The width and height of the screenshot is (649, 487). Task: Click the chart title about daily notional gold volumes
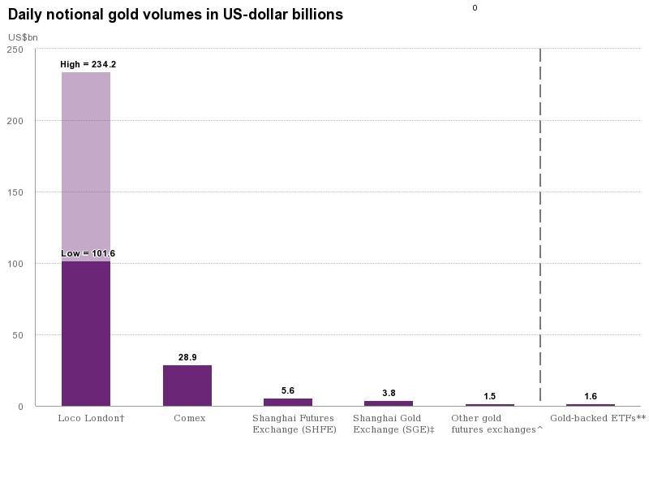(175, 15)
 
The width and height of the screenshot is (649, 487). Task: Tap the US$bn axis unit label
(23, 37)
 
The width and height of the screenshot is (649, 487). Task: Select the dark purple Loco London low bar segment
(86, 333)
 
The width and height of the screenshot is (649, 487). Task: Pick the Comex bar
(187, 386)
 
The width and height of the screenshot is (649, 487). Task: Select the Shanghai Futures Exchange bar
(288, 402)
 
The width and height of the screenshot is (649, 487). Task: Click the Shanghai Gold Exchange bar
(389, 403)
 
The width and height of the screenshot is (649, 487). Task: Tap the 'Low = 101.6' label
(88, 253)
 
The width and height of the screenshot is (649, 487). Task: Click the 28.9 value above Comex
(187, 357)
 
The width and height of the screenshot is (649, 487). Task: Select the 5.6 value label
(288, 390)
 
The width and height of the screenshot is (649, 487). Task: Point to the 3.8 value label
(389, 393)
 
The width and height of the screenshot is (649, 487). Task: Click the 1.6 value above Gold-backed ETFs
(591, 396)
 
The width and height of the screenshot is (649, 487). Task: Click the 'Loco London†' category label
(91, 418)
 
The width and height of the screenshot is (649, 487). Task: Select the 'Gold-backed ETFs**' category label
(597, 418)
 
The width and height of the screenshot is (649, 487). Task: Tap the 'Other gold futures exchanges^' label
(496, 424)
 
